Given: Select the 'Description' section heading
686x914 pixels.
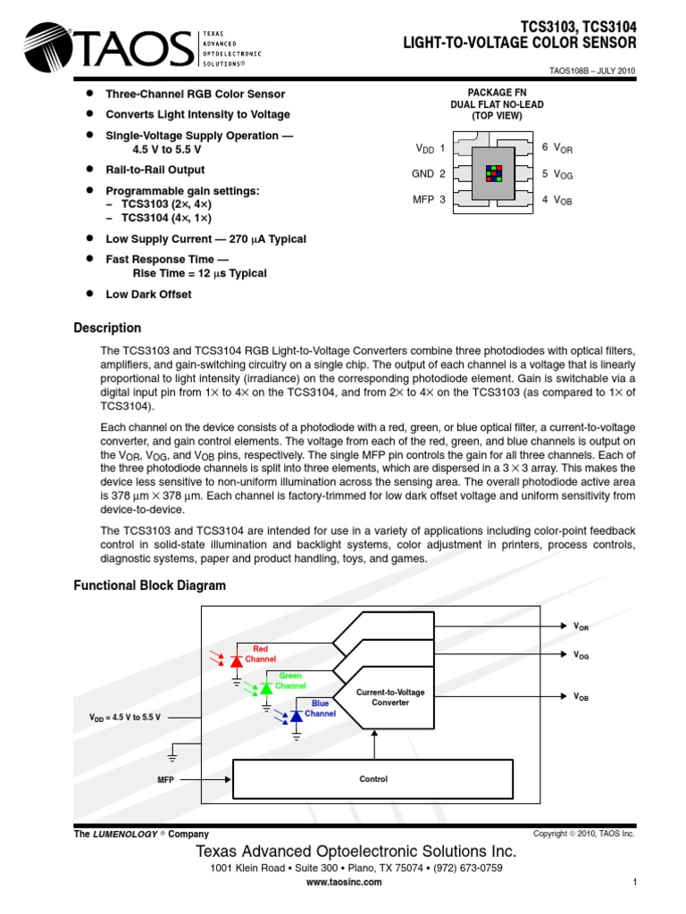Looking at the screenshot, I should coord(107,328).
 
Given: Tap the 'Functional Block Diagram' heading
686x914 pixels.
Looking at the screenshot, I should coord(149,586).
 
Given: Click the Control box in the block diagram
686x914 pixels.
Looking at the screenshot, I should coord(372,779).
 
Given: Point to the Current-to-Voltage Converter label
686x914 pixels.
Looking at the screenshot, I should coord(390,697).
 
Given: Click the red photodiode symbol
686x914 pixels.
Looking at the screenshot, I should coord(237,661).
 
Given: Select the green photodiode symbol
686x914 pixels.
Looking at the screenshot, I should coord(265,688).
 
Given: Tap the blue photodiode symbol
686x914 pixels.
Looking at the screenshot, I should coord(296,715).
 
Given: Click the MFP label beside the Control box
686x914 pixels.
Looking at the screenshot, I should coord(165,779).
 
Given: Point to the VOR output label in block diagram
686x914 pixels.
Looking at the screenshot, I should coord(581,627).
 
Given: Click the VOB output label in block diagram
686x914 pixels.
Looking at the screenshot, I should coord(581,696).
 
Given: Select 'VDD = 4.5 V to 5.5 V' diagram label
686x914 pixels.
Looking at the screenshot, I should coord(124,718).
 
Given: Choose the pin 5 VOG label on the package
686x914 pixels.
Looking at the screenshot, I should coord(556,174).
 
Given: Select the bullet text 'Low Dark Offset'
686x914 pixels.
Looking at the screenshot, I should coord(148,294).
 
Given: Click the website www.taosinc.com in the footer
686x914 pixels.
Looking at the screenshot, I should coord(344,882).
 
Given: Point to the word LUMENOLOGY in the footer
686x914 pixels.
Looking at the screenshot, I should coord(123,834).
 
